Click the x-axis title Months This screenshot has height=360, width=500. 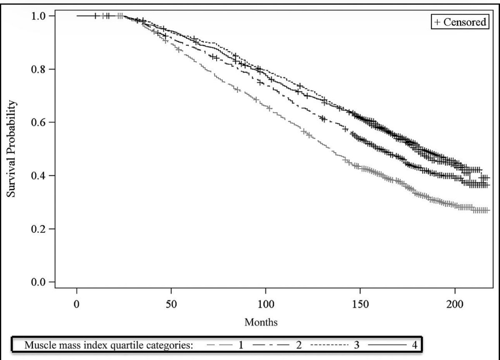point(261,322)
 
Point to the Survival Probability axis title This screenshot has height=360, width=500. point(14,149)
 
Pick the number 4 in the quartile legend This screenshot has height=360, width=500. point(414,345)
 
